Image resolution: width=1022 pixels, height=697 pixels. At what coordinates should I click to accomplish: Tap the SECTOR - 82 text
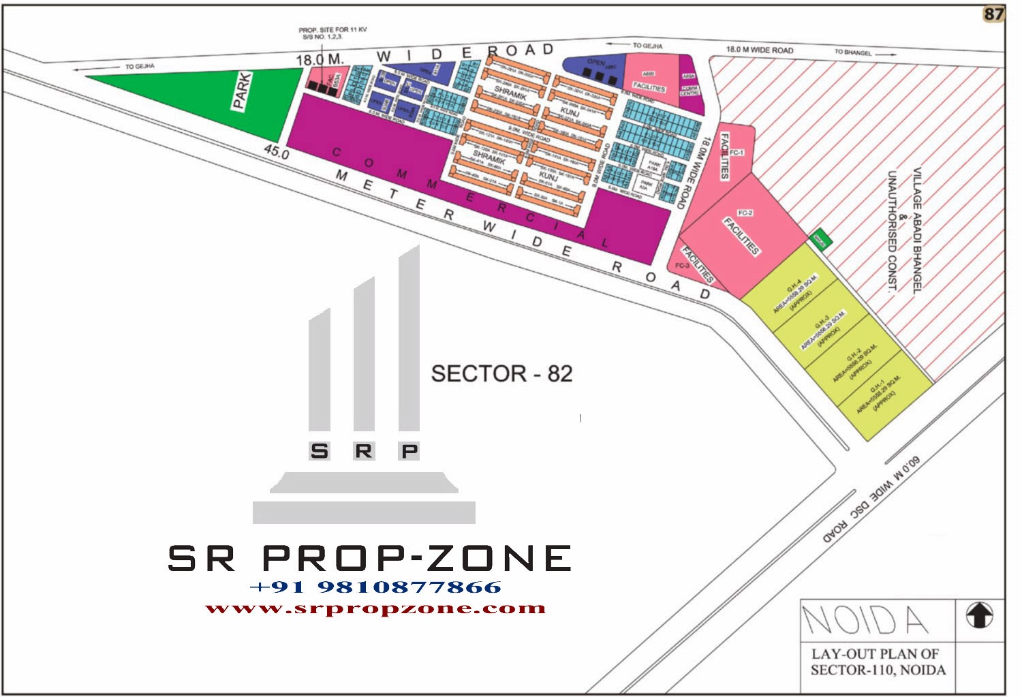[501, 373]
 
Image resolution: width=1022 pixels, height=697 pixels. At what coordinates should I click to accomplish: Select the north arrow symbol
[979, 615]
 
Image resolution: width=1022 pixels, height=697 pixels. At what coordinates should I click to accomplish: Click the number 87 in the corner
[993, 14]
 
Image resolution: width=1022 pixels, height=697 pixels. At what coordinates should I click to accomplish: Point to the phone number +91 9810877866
[375, 587]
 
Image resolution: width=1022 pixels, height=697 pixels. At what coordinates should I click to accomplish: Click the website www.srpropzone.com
[375, 608]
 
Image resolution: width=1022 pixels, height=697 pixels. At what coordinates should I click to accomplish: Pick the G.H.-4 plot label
[794, 294]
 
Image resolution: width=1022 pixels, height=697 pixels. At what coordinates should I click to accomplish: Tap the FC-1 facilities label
[736, 152]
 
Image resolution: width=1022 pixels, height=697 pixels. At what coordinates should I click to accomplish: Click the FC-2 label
[745, 213]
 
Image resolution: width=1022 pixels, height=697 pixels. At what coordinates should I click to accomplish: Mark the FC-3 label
[682, 266]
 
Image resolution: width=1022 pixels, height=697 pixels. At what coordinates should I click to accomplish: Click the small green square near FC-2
[820, 240]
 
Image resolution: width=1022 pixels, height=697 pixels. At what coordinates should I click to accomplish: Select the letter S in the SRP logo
[319, 450]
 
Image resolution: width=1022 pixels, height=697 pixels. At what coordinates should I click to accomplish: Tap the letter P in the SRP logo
[409, 450]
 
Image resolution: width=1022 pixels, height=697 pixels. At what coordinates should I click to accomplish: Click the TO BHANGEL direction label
[853, 52]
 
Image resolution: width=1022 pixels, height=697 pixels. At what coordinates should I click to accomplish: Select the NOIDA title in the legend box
[865, 619]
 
